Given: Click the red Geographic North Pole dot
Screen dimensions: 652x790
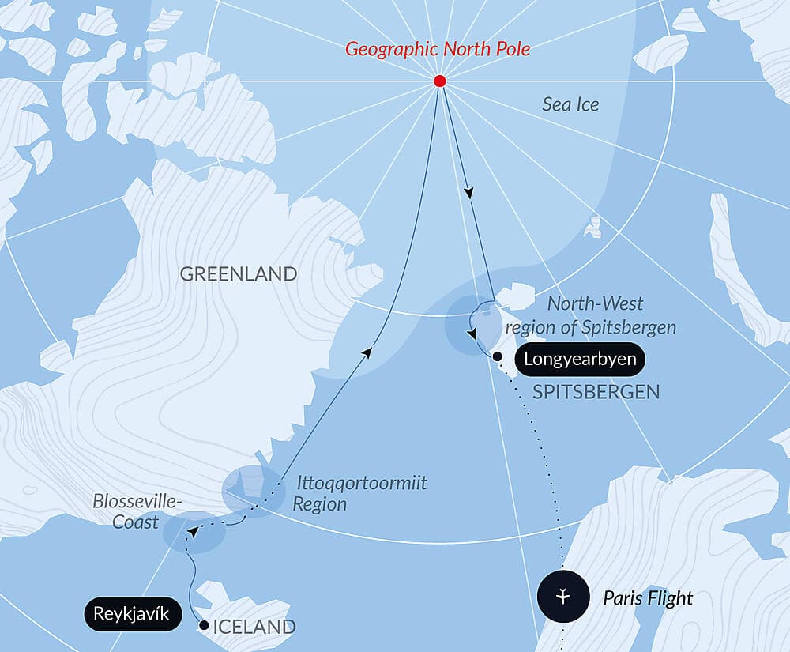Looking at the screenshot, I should click(440, 81).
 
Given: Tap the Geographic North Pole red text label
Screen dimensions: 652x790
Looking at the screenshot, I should click(438, 49).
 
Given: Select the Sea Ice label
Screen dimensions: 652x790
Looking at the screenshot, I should click(570, 104).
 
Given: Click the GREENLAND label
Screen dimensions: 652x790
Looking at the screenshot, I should click(239, 274).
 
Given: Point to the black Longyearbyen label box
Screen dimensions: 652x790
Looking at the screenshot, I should click(580, 360).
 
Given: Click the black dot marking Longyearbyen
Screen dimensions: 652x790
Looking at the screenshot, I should click(497, 357).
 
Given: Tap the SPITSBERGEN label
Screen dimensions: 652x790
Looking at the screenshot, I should click(596, 392).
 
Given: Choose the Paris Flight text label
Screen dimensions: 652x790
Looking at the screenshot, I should click(648, 598).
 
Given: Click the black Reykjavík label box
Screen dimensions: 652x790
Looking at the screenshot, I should click(130, 612).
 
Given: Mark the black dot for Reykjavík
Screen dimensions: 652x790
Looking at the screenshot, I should click(204, 625).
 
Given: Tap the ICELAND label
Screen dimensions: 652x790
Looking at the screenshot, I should click(255, 628).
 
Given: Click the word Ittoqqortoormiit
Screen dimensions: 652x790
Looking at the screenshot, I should click(362, 483).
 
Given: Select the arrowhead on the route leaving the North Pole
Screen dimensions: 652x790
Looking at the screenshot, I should click(470, 192).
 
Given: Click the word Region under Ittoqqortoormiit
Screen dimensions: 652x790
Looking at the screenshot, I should click(319, 504).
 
